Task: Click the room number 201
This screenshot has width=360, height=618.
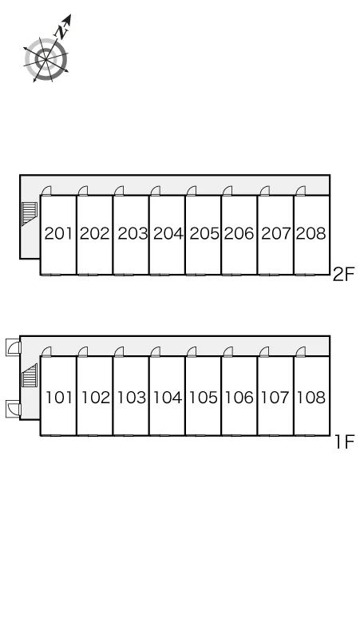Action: pyautogui.click(x=58, y=234)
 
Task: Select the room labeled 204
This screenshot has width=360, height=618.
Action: pyautogui.click(x=168, y=234)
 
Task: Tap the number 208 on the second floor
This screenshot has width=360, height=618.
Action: pyautogui.click(x=311, y=234)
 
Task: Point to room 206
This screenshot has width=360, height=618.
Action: pyautogui.click(x=239, y=234)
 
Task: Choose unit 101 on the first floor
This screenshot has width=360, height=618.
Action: pyautogui.click(x=59, y=398)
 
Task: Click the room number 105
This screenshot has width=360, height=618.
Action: pyautogui.click(x=204, y=398)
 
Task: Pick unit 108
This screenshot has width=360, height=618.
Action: pyautogui.click(x=311, y=398)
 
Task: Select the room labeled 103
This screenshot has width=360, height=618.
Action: pyautogui.click(x=132, y=398)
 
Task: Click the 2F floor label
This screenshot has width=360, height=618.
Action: pyautogui.click(x=344, y=275)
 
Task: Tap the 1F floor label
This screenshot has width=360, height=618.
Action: pyautogui.click(x=345, y=442)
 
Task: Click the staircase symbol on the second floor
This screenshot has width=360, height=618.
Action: pyautogui.click(x=30, y=213)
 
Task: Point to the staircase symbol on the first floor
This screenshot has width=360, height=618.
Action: pyautogui.click(x=30, y=375)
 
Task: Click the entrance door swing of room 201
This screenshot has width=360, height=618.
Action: pyautogui.click(x=47, y=191)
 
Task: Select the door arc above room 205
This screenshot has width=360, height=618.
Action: pyautogui.click(x=192, y=191)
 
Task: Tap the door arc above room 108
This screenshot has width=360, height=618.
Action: pyautogui.click(x=301, y=351)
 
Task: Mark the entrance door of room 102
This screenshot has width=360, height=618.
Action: pyautogui.click(x=83, y=351)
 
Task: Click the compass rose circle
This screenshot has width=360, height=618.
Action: pyautogui.click(x=45, y=60)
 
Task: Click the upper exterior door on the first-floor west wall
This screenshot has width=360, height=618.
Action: pyautogui.click(x=13, y=347)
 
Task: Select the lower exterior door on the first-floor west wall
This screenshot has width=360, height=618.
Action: pyautogui.click(x=13, y=408)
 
